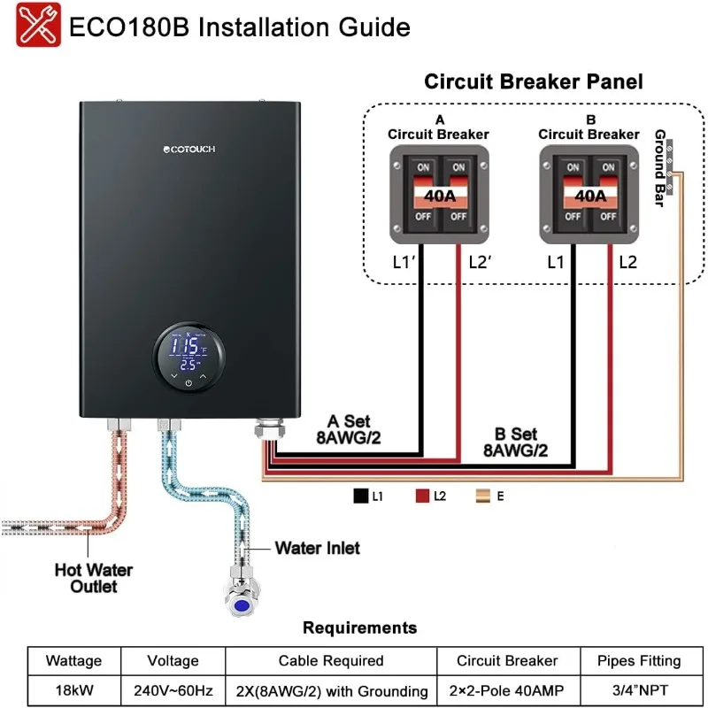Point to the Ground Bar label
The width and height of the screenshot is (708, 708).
click(661, 167)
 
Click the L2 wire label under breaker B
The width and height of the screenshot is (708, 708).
click(627, 262)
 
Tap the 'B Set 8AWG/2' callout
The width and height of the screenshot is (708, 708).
click(515, 442)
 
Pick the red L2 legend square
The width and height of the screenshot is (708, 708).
click(421, 496)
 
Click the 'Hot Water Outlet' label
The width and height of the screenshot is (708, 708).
click(87, 577)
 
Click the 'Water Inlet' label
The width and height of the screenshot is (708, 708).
click(317, 548)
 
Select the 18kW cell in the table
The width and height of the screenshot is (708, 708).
click(73, 690)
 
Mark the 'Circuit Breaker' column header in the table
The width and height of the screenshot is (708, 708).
click(507, 660)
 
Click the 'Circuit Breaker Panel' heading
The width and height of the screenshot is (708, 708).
click(533, 82)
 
